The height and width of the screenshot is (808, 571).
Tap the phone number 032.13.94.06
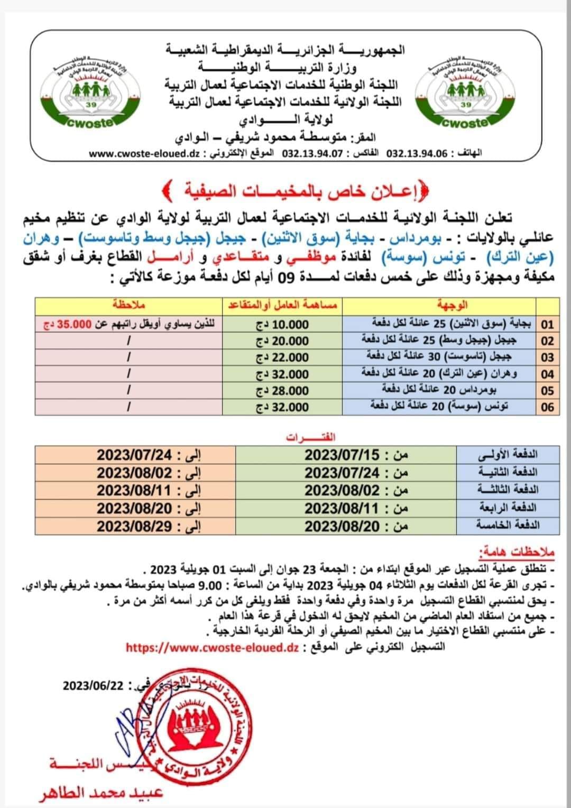417,154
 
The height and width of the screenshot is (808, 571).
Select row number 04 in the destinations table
548,374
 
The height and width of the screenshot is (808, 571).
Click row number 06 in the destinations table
548,407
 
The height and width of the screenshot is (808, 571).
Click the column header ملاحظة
129,306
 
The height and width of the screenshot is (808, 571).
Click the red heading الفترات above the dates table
310,437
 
